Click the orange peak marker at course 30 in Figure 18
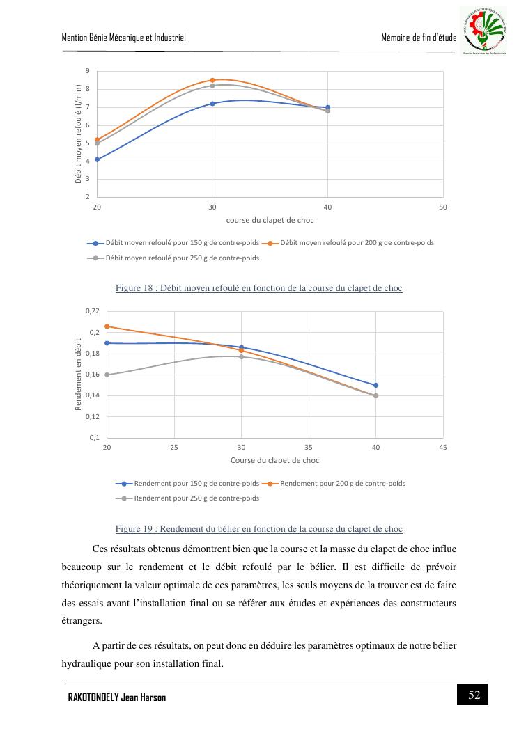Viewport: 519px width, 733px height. [x=212, y=80]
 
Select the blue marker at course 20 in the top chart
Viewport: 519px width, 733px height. [x=97, y=159]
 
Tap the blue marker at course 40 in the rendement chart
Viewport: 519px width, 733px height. [x=376, y=385]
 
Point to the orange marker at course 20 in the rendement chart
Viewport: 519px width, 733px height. [x=107, y=326]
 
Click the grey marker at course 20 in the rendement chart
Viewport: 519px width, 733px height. [x=107, y=375]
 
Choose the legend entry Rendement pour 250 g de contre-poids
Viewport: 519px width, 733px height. [x=187, y=498]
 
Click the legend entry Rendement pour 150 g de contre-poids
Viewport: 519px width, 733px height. [x=187, y=483]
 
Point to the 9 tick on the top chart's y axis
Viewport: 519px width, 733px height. [x=88, y=71]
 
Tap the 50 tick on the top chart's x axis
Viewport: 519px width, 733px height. [x=443, y=207]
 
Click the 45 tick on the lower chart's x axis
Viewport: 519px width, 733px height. [x=443, y=447]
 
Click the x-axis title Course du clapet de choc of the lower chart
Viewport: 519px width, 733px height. [x=274, y=460]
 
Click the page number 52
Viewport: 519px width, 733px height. [x=474, y=695]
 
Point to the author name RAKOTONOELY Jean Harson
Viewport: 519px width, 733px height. [x=116, y=697]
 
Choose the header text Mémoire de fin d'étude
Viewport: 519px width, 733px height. [x=419, y=37]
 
